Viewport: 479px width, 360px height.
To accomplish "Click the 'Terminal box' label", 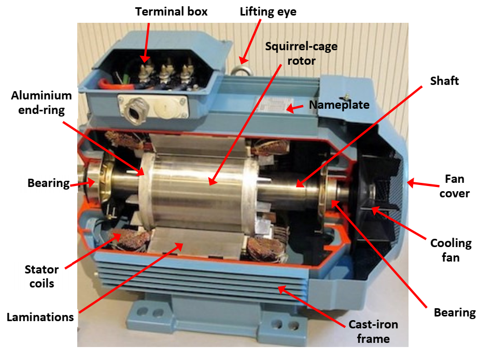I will (171, 11).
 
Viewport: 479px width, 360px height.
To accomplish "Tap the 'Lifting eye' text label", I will (268, 11).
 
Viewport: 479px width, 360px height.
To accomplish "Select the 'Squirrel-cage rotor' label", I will (301, 53).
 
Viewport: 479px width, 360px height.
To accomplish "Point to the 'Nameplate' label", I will (339, 105).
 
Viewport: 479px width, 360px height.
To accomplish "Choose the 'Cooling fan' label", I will (451, 250).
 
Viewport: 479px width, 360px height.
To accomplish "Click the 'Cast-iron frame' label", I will (374, 332).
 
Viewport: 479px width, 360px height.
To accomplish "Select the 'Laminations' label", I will (40, 317).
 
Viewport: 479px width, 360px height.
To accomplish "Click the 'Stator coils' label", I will (41, 276).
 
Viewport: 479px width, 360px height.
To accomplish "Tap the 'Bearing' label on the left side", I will (48, 183).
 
